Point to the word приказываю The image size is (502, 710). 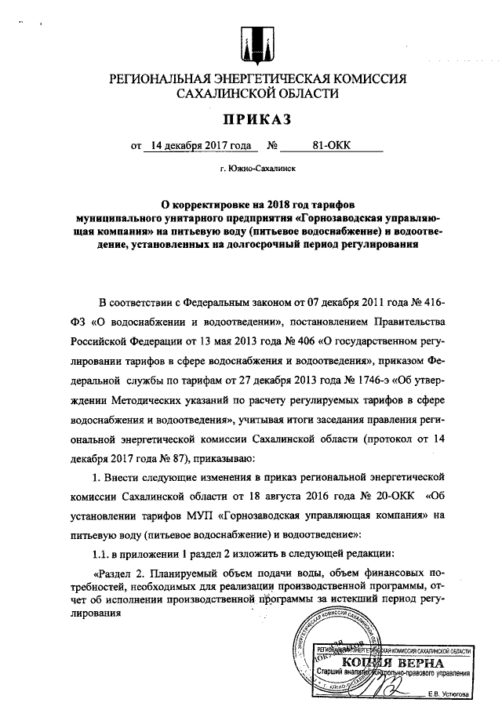(207, 457)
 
